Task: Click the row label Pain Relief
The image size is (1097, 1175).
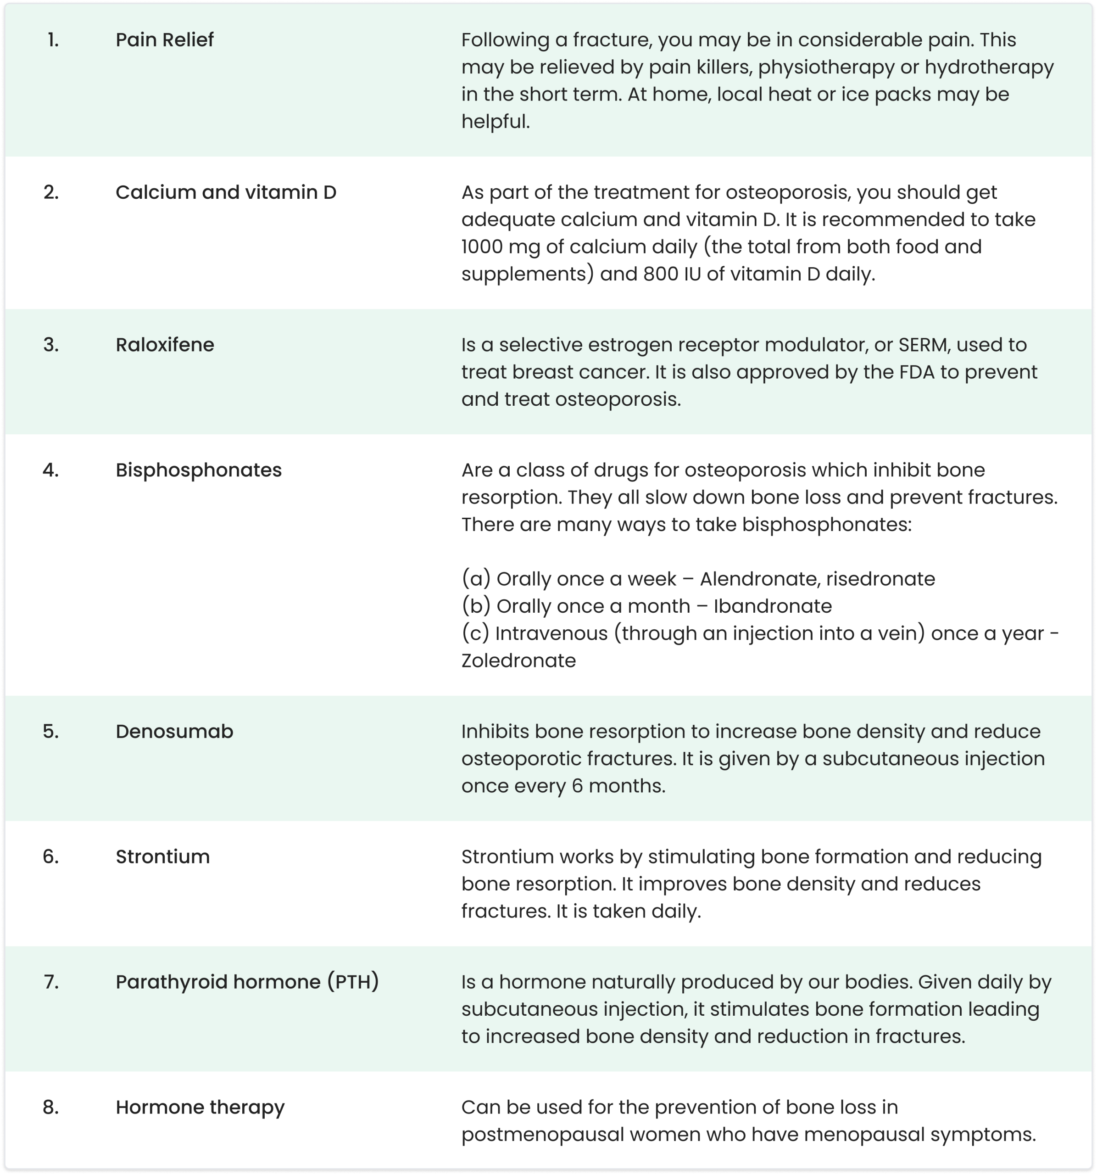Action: (x=164, y=40)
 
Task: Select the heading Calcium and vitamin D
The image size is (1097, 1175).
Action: (x=226, y=193)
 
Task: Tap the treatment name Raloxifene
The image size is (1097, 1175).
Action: (x=165, y=345)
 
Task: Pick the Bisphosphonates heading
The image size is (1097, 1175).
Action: (x=199, y=470)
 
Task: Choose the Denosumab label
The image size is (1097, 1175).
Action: (x=174, y=732)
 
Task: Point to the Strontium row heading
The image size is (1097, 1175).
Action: (x=162, y=857)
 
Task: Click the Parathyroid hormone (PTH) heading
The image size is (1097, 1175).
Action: (x=247, y=982)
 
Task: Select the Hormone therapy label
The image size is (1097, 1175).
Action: (x=200, y=1108)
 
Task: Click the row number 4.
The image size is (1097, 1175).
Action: (x=51, y=470)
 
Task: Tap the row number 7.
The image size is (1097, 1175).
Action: (x=51, y=982)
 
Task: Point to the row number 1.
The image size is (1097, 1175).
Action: (x=53, y=40)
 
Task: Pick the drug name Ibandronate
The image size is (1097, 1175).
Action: (x=773, y=606)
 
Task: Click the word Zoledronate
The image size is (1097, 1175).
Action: (x=518, y=661)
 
